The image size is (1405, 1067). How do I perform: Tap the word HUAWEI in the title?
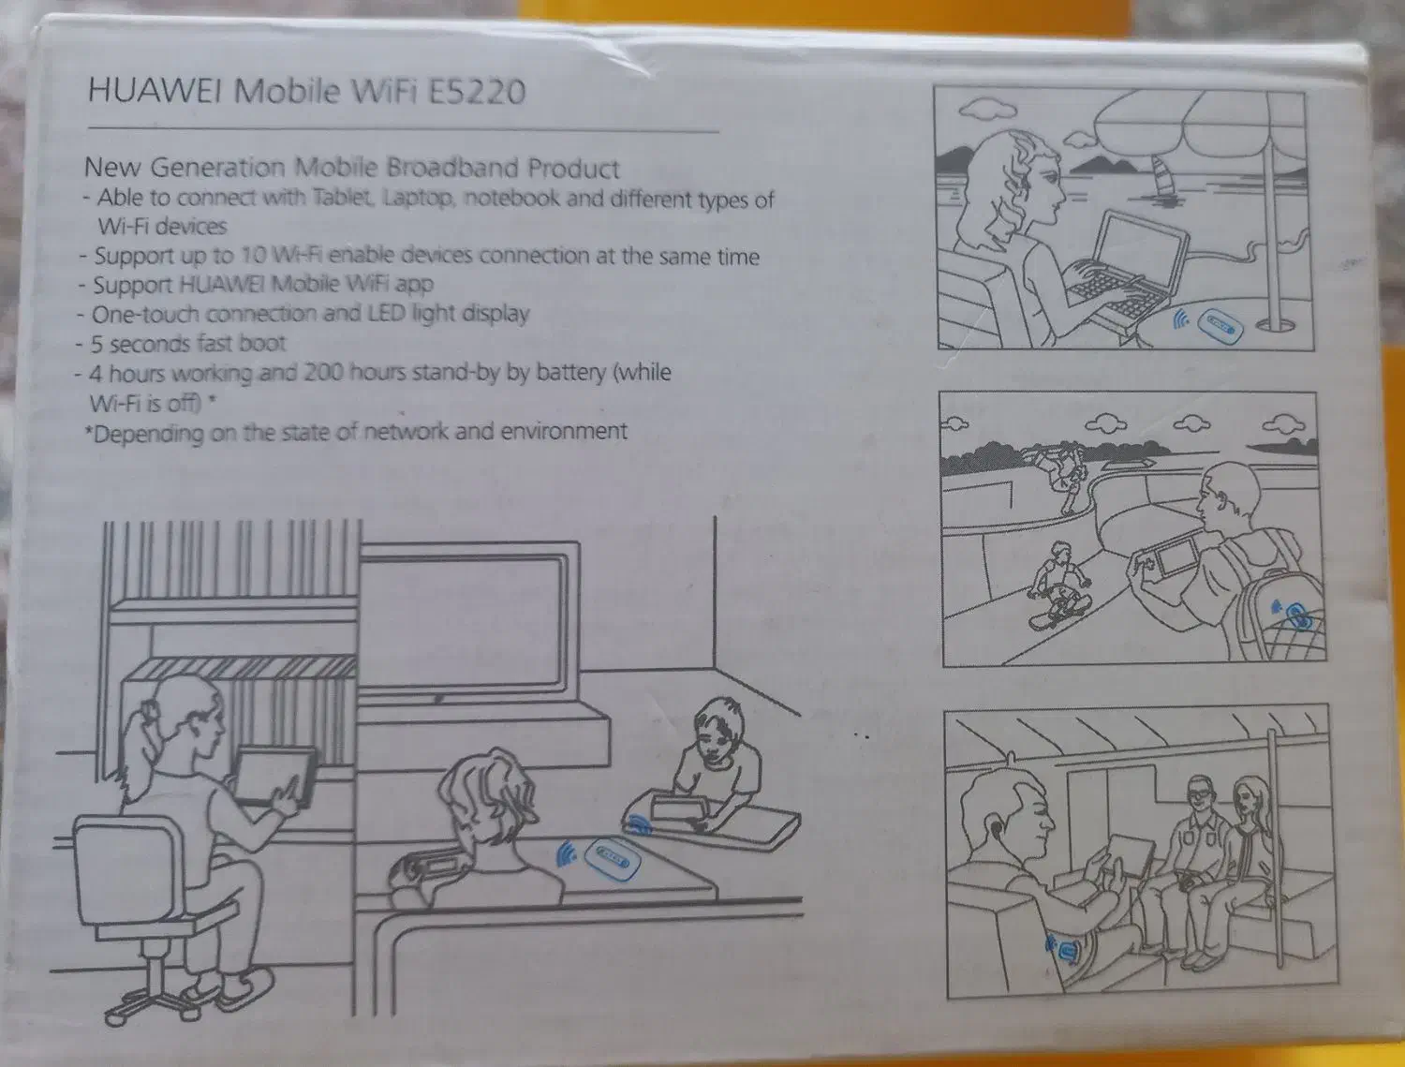[155, 89]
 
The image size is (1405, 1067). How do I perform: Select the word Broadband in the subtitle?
[451, 168]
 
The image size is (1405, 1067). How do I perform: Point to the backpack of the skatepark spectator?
[1280, 617]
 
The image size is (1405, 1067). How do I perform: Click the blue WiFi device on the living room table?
[614, 860]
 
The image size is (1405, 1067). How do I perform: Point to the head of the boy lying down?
[718, 731]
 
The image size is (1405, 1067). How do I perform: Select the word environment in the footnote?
[563, 431]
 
